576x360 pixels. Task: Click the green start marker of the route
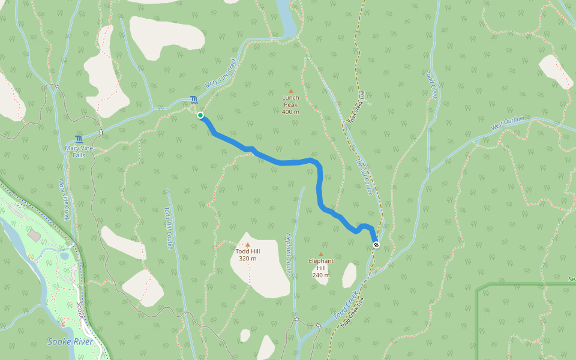point(200,115)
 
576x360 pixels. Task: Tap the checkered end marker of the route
point(376,245)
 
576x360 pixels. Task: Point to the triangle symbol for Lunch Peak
point(291,91)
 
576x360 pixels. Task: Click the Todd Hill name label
point(247,251)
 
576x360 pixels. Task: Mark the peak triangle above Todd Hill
point(247,245)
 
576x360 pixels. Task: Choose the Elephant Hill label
point(320,265)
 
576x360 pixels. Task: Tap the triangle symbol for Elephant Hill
point(320,254)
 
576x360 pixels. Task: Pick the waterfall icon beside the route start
point(193,100)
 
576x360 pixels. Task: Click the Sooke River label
point(66,342)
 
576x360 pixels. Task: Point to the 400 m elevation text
point(290,112)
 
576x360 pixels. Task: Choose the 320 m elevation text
point(247,259)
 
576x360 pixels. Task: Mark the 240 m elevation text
point(320,275)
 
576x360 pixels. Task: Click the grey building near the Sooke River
point(34,235)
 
